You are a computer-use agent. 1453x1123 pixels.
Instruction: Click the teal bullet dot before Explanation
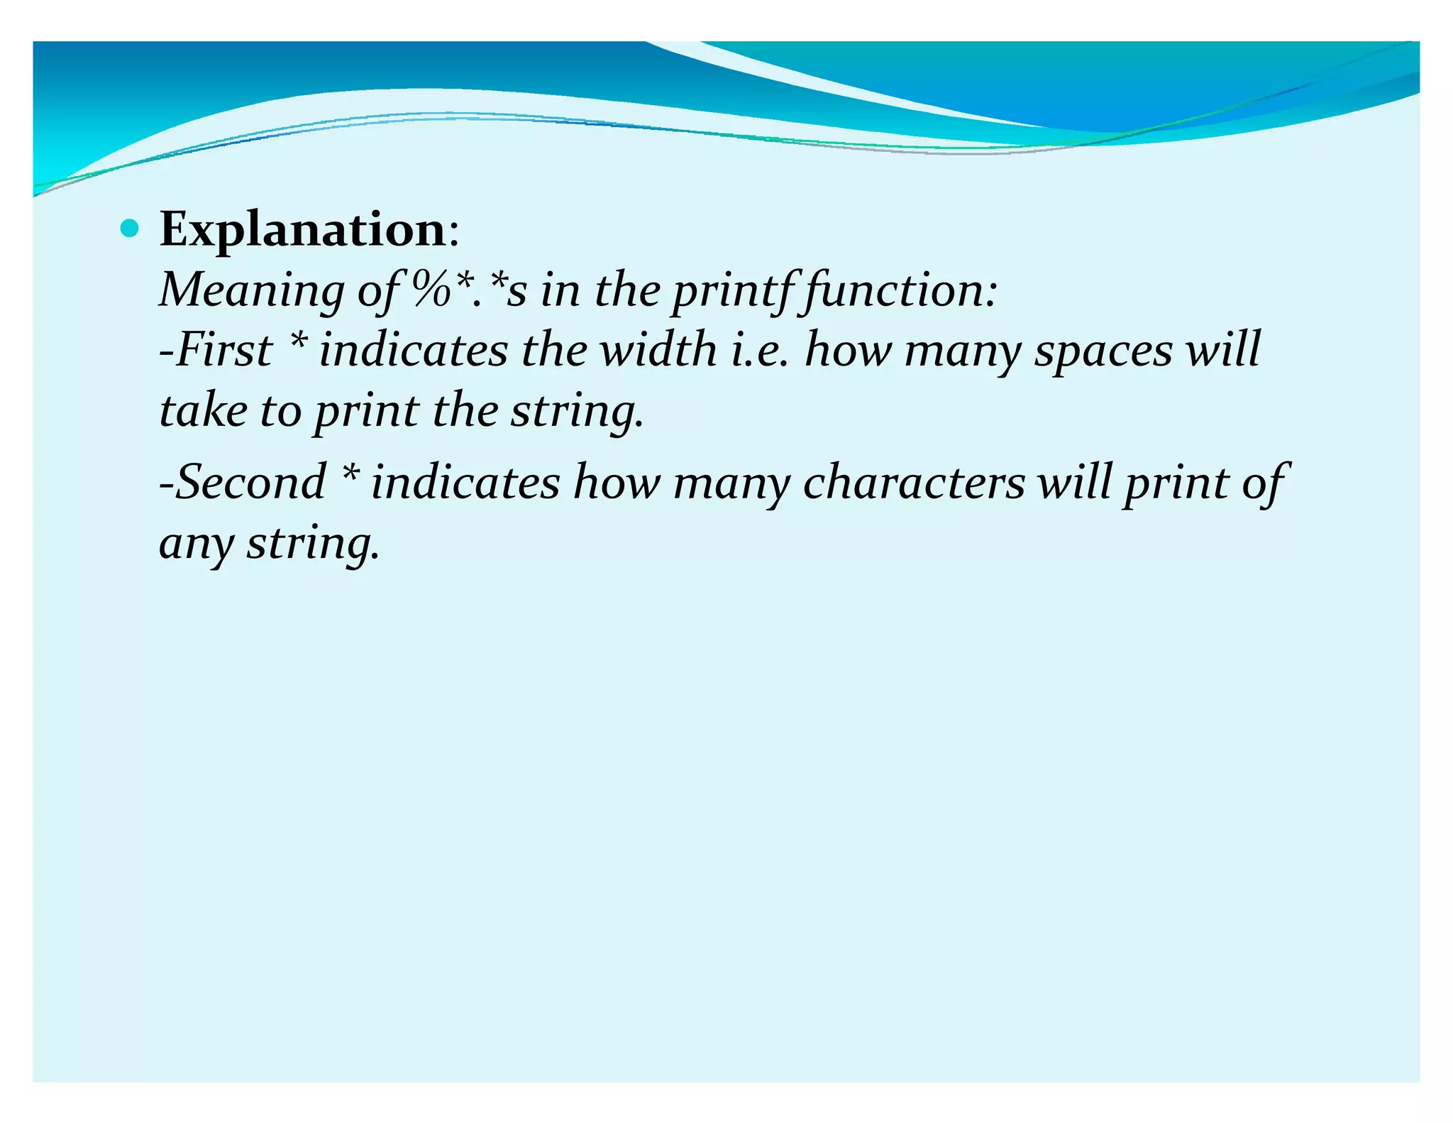click(x=130, y=229)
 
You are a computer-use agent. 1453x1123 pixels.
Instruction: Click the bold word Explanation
click(x=302, y=230)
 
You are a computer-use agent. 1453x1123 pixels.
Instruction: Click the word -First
click(x=216, y=350)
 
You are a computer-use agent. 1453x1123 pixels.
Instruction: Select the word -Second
click(x=242, y=482)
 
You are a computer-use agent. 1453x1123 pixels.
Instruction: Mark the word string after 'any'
click(x=312, y=544)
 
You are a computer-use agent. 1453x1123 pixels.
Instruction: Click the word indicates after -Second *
click(x=465, y=482)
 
